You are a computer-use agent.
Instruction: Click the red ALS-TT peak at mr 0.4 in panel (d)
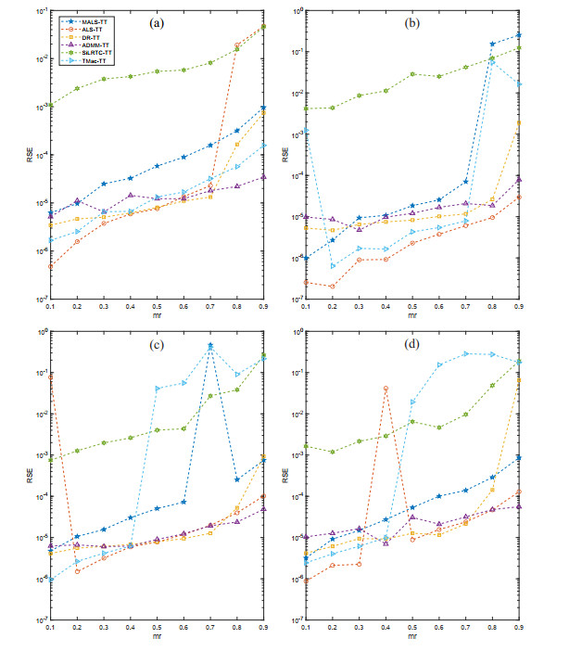pyautogui.click(x=386, y=389)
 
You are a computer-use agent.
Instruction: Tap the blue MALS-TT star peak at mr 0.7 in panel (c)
pyautogui.click(x=210, y=346)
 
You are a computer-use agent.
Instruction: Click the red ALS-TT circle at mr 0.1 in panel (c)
pyautogui.click(x=50, y=377)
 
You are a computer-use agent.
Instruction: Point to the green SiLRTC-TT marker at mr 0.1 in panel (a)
pyautogui.click(x=50, y=106)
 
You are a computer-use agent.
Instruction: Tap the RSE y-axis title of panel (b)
pyautogui.click(x=285, y=155)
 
